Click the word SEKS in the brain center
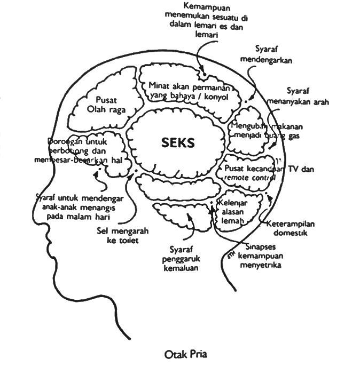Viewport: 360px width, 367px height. point(178,143)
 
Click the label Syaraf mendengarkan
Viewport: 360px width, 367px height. point(266,54)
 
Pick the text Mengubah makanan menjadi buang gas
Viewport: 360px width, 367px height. point(266,131)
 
